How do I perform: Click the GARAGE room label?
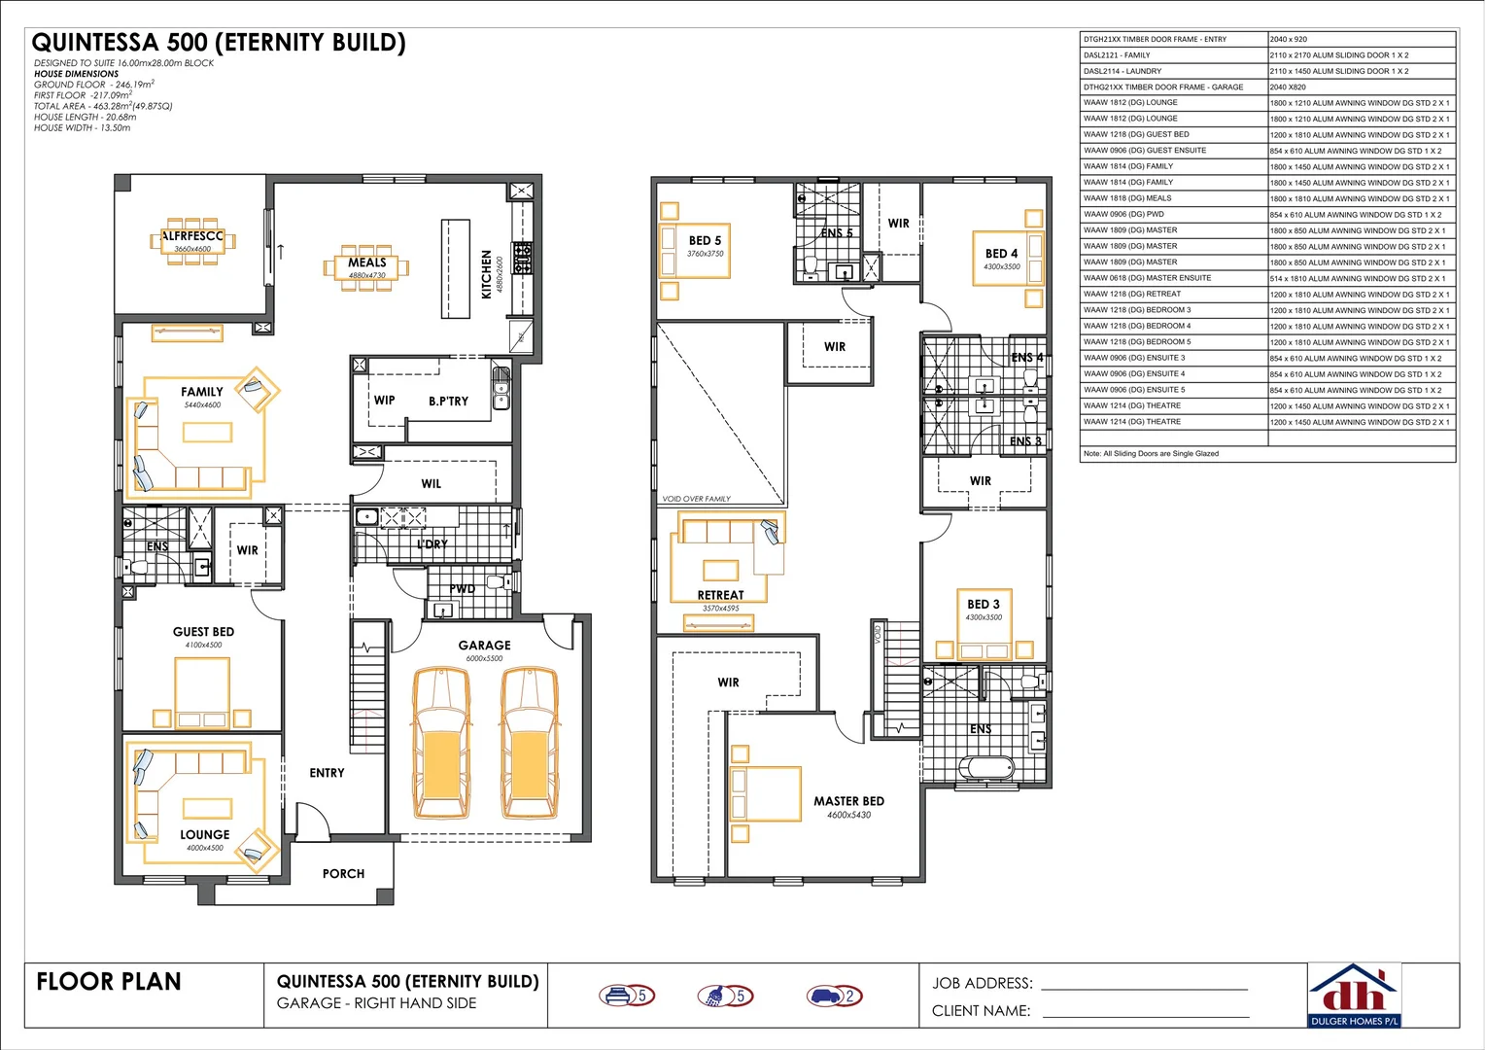click(x=484, y=646)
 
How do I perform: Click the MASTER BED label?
click(x=848, y=801)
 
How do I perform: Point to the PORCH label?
click(x=343, y=874)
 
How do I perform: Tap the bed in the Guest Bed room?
click(x=202, y=692)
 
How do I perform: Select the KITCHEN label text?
click(x=487, y=274)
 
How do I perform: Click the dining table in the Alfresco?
click(x=192, y=242)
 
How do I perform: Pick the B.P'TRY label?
click(x=448, y=401)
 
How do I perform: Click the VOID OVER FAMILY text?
click(x=696, y=499)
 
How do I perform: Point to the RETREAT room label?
click(x=720, y=595)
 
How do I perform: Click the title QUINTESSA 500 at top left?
click(x=219, y=43)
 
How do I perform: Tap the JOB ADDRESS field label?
click(x=982, y=983)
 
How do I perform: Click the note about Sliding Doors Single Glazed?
click(x=1151, y=454)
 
